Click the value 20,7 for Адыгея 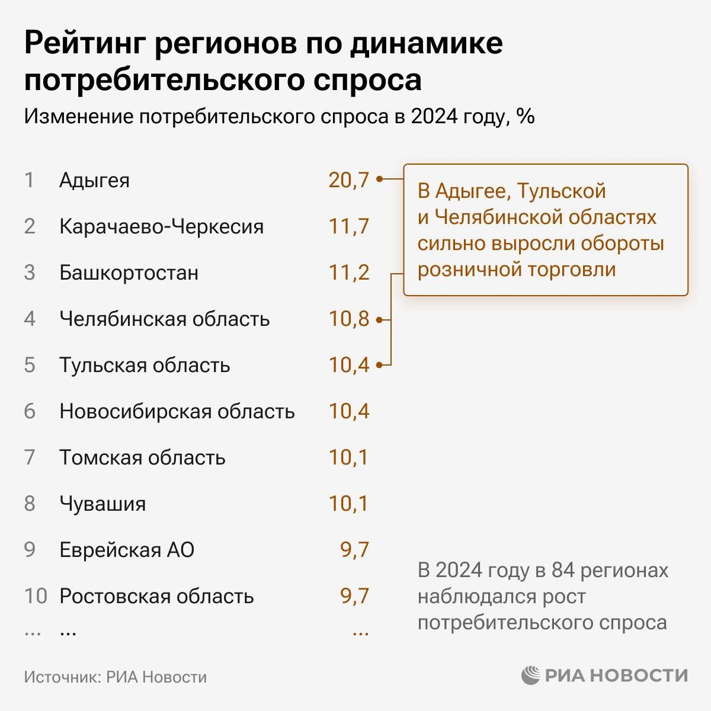tap(348, 180)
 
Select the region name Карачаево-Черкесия tap(161, 226)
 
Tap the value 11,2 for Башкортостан tap(348, 273)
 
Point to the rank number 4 tap(30, 319)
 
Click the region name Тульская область tap(145, 365)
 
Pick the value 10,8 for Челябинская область tap(348, 319)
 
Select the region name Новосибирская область tap(177, 411)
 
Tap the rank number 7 tap(30, 457)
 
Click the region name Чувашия tap(103, 504)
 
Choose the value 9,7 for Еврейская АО tap(354, 550)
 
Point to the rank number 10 tap(35, 596)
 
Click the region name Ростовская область tap(156, 596)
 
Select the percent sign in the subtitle tap(526, 117)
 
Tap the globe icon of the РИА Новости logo tap(531, 675)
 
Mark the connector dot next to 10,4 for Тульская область tap(379, 365)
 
